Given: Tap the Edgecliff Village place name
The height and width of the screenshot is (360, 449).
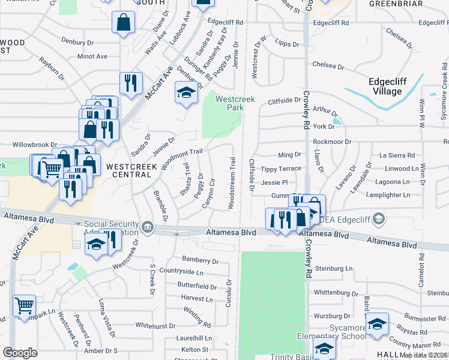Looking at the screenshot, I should pos(385,86).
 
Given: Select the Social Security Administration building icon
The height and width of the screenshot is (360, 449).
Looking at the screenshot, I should pos(147,227).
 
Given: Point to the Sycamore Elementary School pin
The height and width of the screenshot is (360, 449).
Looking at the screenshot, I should pos(377,325).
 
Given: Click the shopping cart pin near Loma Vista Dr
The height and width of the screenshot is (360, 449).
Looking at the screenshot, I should pos(24,305).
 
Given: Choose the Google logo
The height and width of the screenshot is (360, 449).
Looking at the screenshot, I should pos(20,353).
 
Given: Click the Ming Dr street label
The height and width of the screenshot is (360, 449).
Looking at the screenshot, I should pos(289,155).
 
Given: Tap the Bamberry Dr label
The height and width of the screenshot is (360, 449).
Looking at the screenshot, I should pos(200,260).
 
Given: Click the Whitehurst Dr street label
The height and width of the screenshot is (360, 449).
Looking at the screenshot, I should pos(155,326).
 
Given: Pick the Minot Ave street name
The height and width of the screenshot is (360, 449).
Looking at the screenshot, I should pos(92,56).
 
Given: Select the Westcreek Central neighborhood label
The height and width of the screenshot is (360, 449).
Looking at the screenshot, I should pos(128,170).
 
